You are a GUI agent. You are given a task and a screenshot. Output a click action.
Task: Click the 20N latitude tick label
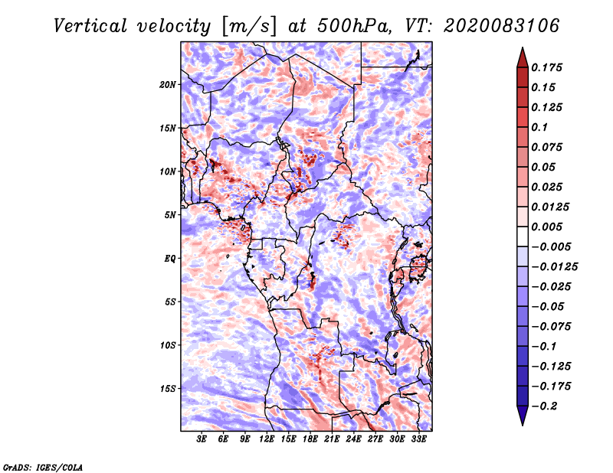(167, 84)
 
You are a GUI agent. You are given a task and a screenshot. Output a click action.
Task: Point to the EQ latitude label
(169, 259)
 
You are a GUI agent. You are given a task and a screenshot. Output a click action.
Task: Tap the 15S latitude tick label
(168, 389)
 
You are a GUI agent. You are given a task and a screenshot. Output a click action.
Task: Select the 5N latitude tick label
(170, 215)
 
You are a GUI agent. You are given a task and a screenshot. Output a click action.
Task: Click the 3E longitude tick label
(202, 439)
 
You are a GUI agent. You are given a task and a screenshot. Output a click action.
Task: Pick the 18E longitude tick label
(310, 439)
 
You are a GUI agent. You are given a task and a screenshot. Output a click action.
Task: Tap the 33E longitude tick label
(418, 439)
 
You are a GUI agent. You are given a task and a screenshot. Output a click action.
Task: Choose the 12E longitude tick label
(267, 439)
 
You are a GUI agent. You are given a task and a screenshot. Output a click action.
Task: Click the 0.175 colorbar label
(546, 67)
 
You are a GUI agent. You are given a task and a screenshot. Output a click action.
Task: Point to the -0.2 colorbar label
(544, 406)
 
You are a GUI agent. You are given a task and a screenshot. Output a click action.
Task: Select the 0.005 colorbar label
(546, 227)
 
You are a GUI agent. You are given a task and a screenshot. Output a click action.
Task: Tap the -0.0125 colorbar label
(554, 267)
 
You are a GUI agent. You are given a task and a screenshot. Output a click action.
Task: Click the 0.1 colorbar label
(539, 127)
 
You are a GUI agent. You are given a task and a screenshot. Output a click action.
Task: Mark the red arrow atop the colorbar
(523, 57)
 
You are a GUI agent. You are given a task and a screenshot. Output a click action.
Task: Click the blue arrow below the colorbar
(523, 416)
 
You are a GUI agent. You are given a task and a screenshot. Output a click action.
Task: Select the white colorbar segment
(523, 236)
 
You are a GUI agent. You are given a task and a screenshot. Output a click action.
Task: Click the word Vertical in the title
(90, 26)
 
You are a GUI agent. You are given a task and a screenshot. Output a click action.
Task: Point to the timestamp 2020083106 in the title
(502, 26)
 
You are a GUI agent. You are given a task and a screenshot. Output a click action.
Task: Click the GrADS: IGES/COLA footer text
(43, 467)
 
